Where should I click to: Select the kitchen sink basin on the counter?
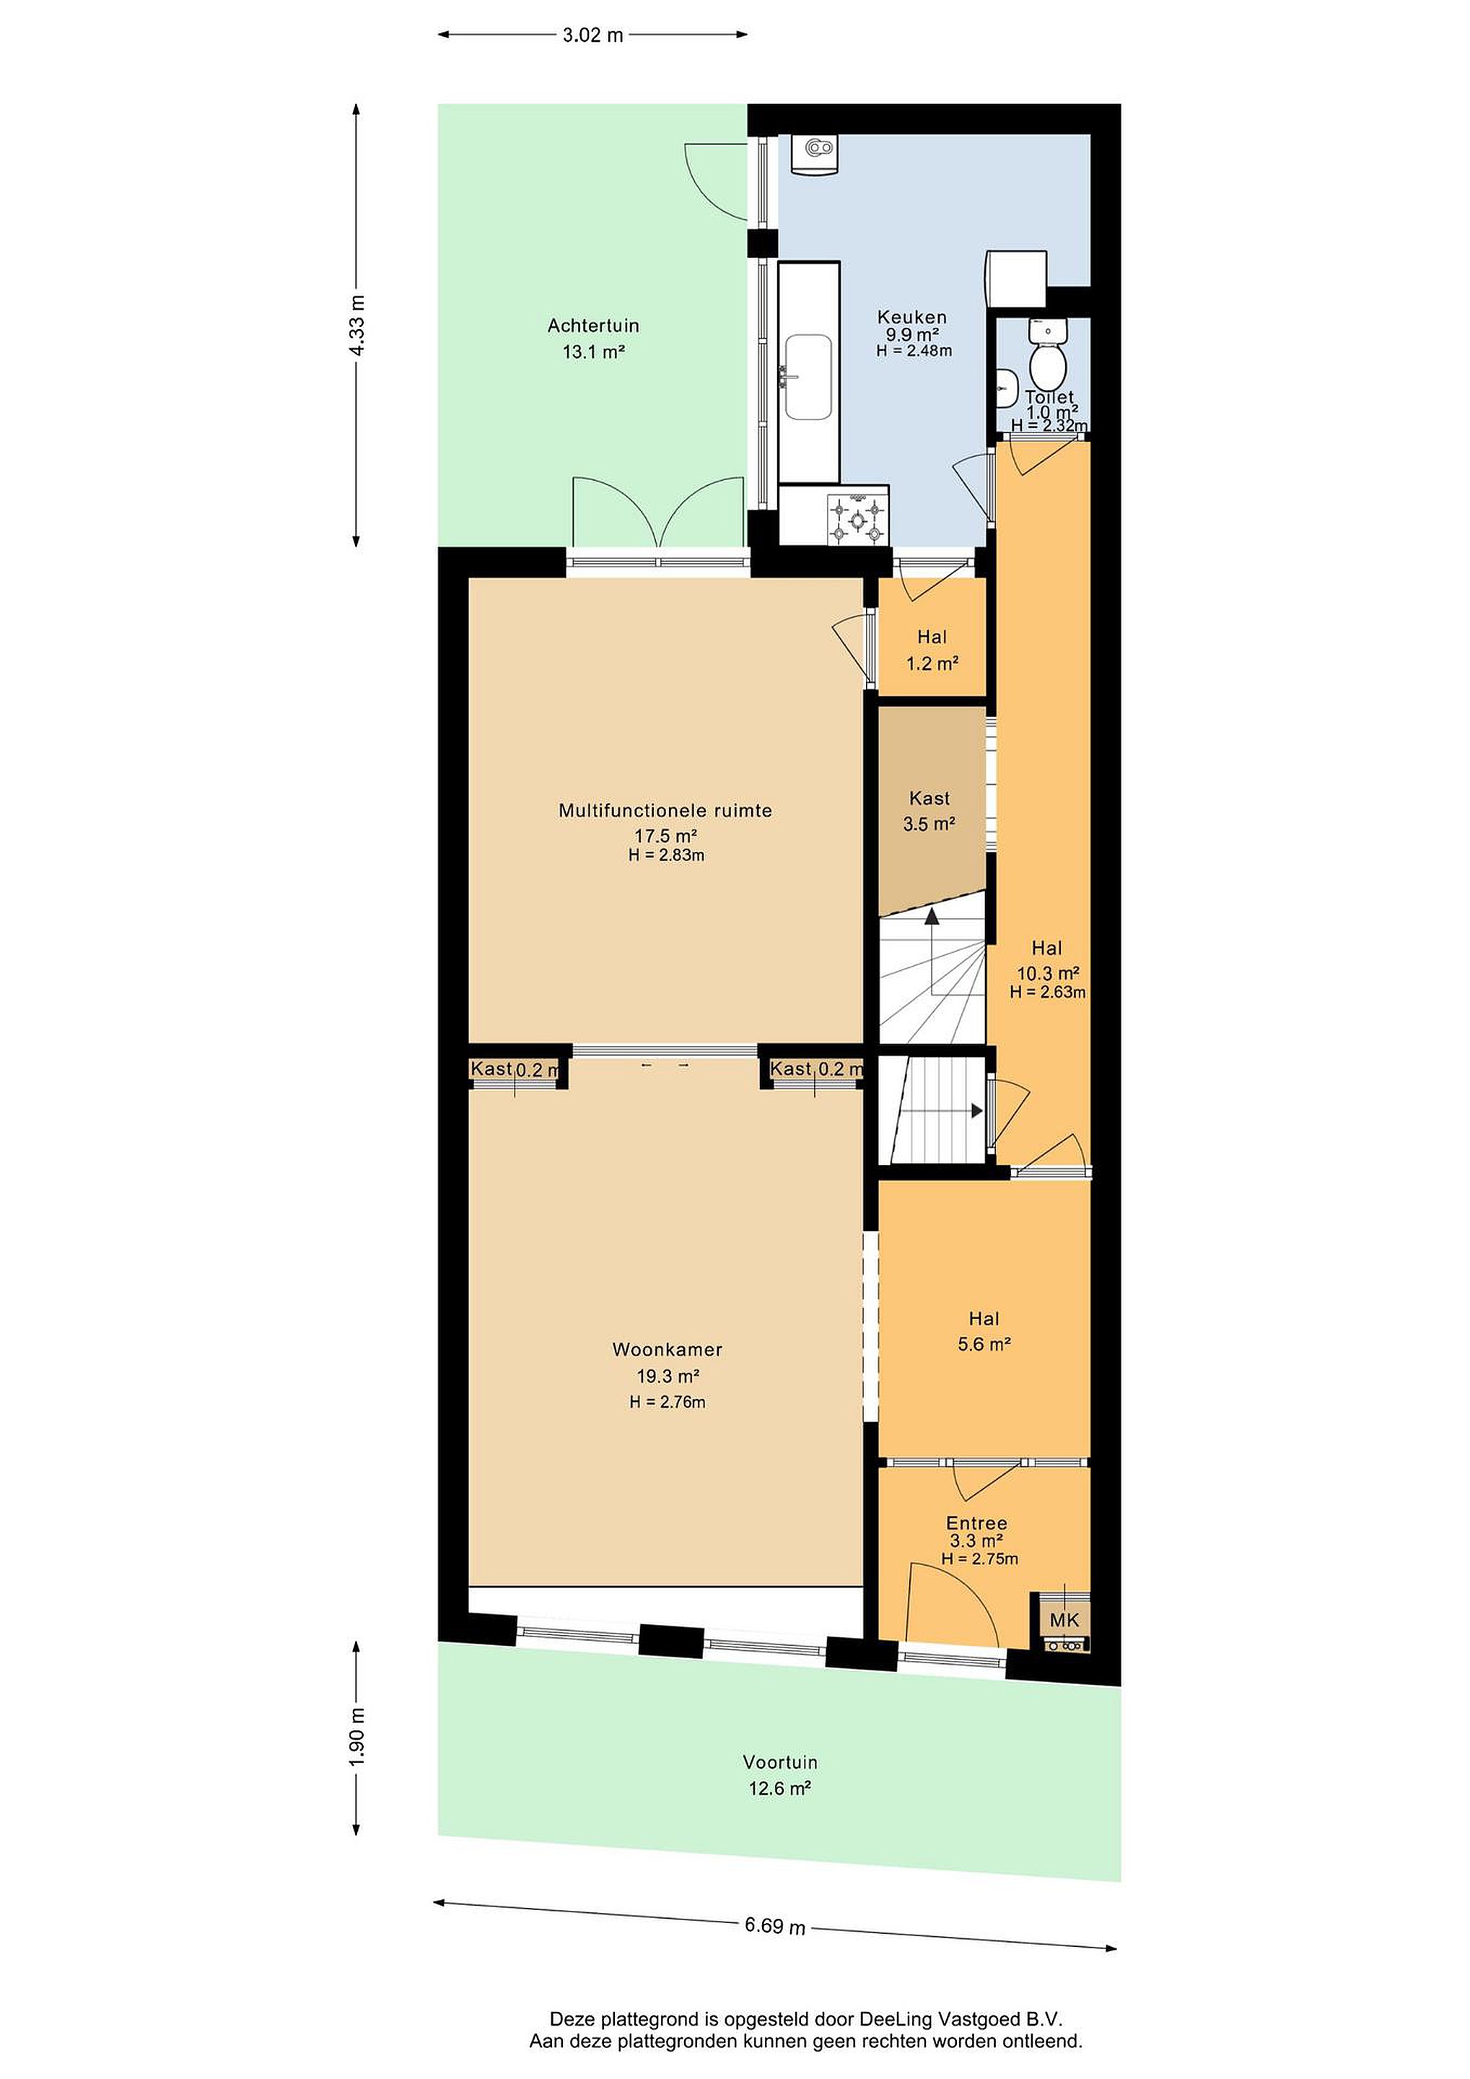pyautogui.click(x=808, y=377)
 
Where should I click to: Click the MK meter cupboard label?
pyautogui.click(x=1064, y=1620)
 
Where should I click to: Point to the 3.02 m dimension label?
pyautogui.click(x=593, y=35)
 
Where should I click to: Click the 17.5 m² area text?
pyautogui.click(x=665, y=836)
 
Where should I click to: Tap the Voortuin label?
pyautogui.click(x=780, y=1762)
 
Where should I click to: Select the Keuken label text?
pyautogui.click(x=912, y=317)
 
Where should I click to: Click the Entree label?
pyautogui.click(x=976, y=1523)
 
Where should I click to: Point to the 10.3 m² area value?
pyautogui.click(x=1048, y=973)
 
